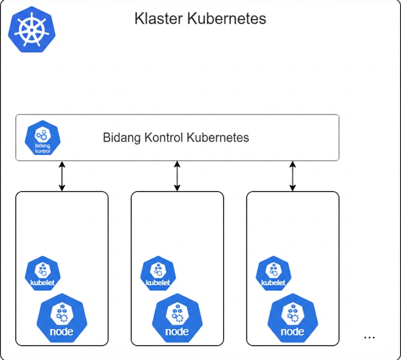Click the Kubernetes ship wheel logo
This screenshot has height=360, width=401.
pos(31,29)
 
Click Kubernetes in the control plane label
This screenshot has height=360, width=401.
pos(218,138)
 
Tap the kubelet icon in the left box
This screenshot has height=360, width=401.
pos(42,273)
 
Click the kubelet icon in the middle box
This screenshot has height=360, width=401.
pos(158,273)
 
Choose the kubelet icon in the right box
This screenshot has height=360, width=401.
pos(273,273)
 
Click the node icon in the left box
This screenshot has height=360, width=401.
pos(62,318)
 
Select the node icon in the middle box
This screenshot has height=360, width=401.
pos(177,318)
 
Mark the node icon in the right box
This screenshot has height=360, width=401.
pos(293,318)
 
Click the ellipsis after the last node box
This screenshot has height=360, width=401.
pos(369,337)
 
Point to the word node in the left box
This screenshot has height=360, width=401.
pos(62,331)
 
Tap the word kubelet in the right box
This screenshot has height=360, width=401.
pos(273,283)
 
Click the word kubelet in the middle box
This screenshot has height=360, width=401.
pos(158,283)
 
